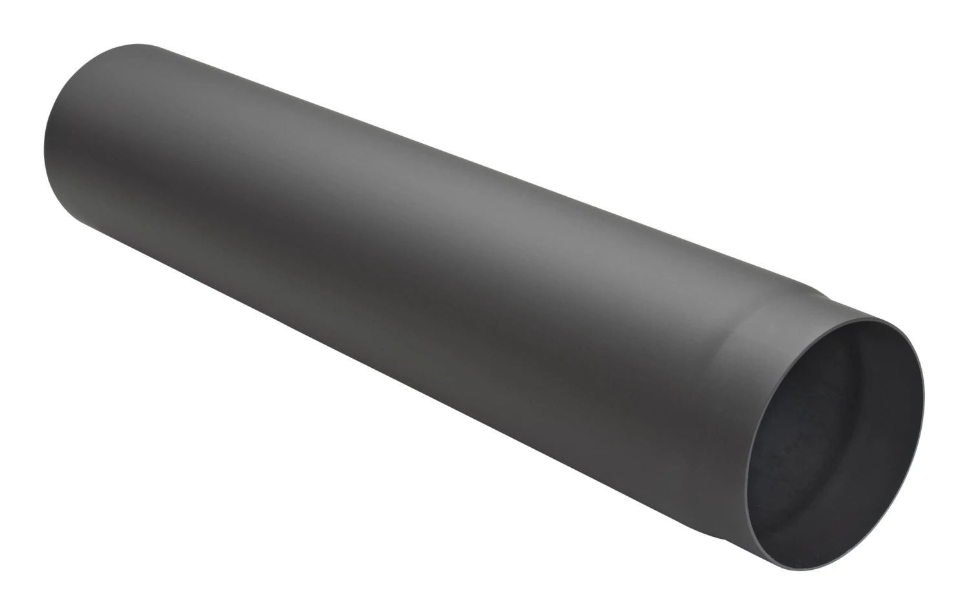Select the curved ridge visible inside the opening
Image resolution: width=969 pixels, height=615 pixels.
[x=833, y=361]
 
